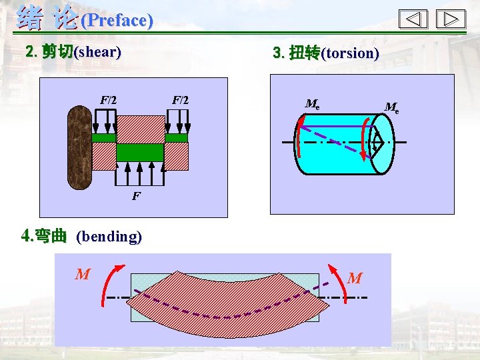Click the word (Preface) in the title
117,20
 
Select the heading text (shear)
98,51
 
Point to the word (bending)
109,236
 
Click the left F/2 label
109,100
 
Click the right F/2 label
181,100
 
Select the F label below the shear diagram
136,197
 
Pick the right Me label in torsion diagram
392,107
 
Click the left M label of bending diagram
82,274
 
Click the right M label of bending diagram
355,278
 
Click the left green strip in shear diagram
104,138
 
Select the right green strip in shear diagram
177,138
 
